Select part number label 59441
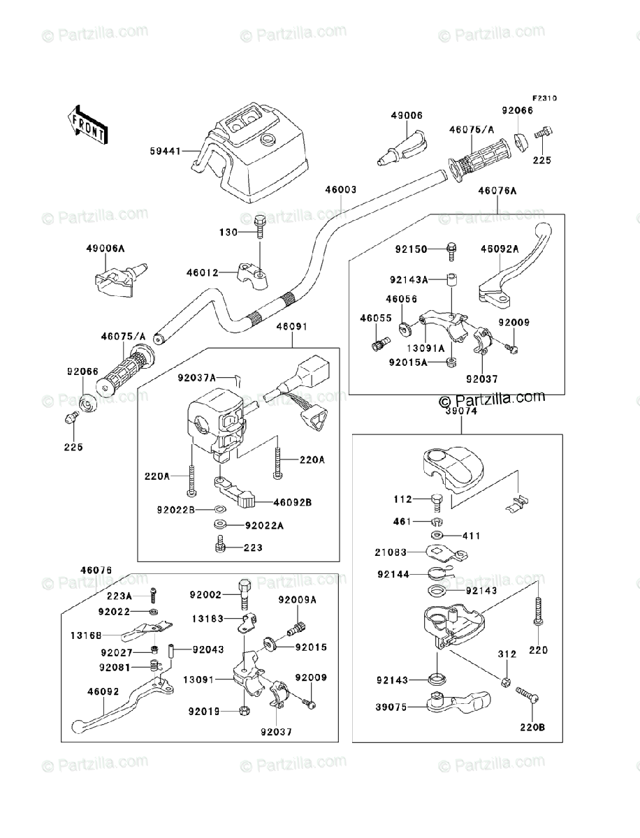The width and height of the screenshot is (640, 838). pos(165,150)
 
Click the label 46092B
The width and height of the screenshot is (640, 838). pos(292,501)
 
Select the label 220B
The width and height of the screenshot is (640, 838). pos(532,727)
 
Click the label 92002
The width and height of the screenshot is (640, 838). pos(205,595)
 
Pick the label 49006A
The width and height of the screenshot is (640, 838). pos(106,248)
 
